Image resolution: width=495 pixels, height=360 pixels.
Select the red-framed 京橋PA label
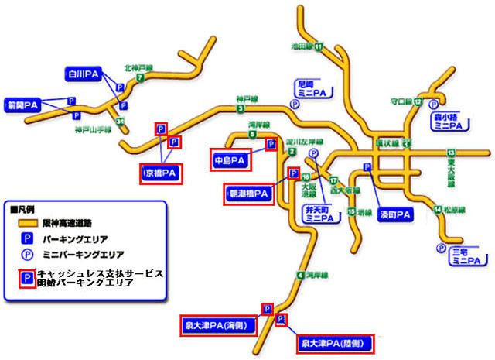[x=162, y=172]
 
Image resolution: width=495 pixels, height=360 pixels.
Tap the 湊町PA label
[x=395, y=213]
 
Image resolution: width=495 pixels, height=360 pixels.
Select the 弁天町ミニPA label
[x=317, y=213]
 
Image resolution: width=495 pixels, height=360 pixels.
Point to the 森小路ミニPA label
[x=447, y=121]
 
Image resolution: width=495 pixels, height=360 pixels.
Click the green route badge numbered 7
[x=140, y=77]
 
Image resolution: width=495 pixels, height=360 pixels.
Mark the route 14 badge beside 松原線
[x=437, y=209]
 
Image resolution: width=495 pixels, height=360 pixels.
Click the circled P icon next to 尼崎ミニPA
[x=294, y=102]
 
